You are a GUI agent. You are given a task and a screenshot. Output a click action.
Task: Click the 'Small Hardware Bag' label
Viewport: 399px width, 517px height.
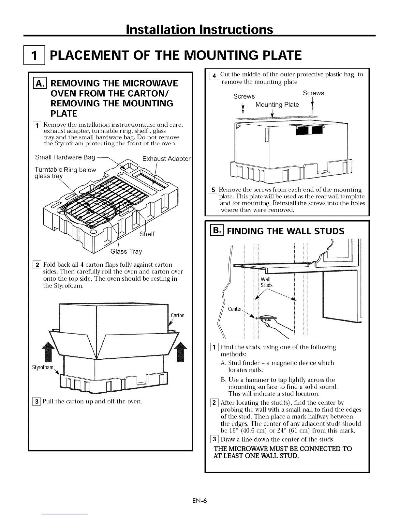pyautogui.click(x=65, y=157)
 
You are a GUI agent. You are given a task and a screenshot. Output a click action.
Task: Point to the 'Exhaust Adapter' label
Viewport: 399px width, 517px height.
pyautogui.click(x=166, y=159)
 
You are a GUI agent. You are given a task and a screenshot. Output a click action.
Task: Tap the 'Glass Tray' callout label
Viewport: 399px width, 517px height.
pyautogui.click(x=126, y=251)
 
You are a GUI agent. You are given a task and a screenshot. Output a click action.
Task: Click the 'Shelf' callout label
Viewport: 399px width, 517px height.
pyautogui.click(x=147, y=234)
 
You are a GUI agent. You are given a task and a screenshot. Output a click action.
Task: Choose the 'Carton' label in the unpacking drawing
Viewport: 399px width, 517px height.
pyautogui.click(x=177, y=315)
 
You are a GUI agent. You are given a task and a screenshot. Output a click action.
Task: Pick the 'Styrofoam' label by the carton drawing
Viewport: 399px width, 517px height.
pyautogui.click(x=42, y=368)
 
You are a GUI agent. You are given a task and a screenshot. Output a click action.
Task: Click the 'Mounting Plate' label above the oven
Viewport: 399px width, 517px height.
pyautogui.click(x=277, y=105)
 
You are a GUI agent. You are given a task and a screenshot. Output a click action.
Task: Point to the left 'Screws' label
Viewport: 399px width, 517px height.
pyautogui.click(x=244, y=96)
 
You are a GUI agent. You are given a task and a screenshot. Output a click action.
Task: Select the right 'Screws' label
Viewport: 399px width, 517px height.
pyautogui.click(x=313, y=93)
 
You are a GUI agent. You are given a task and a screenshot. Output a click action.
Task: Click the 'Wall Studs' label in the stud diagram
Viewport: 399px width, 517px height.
pyautogui.click(x=266, y=282)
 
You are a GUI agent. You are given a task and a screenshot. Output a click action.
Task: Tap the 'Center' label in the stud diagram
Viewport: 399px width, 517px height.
pyautogui.click(x=235, y=309)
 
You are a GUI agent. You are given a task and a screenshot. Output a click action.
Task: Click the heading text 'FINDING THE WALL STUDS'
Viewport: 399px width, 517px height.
pyautogui.click(x=286, y=231)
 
